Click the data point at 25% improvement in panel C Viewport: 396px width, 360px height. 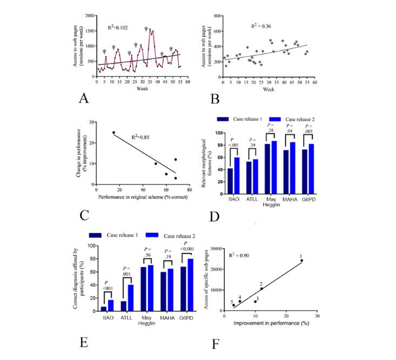pyautogui.click(x=113, y=132)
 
